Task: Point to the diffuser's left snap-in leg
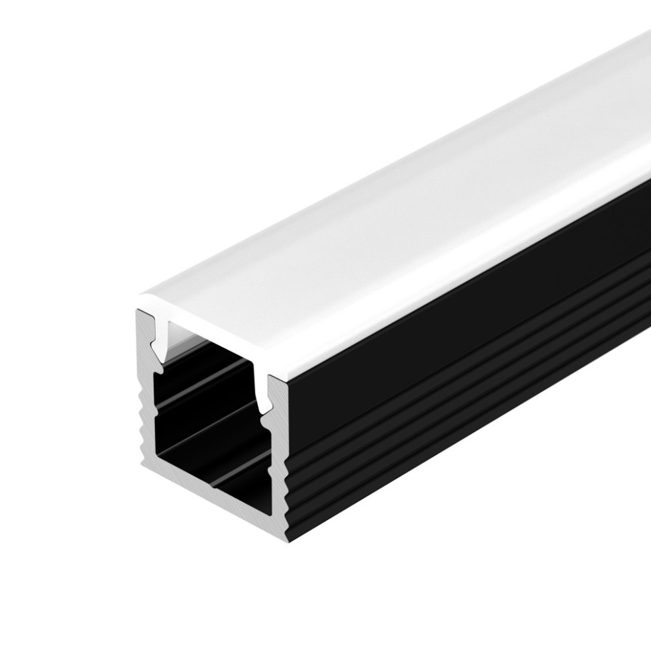(158, 336)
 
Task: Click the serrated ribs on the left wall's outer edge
(142, 416)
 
